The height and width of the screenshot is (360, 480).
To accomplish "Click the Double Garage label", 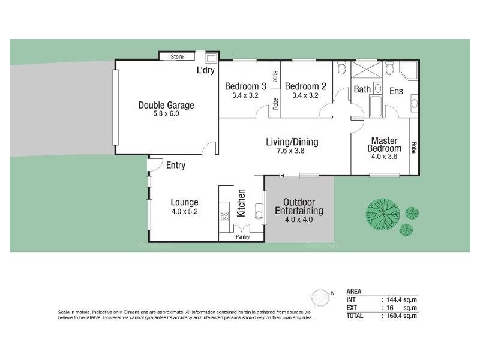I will (x=166, y=105).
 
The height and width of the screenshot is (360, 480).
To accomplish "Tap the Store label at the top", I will (x=176, y=57).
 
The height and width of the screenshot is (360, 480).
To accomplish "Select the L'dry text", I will (x=206, y=70).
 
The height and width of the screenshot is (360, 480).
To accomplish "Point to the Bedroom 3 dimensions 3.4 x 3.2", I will (x=245, y=95).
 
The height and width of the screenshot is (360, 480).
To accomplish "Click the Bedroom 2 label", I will (x=305, y=86).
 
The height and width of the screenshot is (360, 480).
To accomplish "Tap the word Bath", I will (x=362, y=89).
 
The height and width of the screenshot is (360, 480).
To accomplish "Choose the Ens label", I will (x=397, y=91).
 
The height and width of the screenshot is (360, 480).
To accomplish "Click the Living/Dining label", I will (x=292, y=142).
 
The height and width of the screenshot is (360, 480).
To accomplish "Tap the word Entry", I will (x=176, y=165).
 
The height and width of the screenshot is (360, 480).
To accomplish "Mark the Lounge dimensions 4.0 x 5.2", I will (x=184, y=211).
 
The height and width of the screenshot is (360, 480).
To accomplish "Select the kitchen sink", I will (x=259, y=212).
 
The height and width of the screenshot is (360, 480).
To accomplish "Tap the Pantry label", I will (x=242, y=237).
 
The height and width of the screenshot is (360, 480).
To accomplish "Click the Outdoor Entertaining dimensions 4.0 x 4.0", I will (x=299, y=220).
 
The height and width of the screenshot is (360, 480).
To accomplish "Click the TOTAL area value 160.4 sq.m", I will (x=401, y=315).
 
